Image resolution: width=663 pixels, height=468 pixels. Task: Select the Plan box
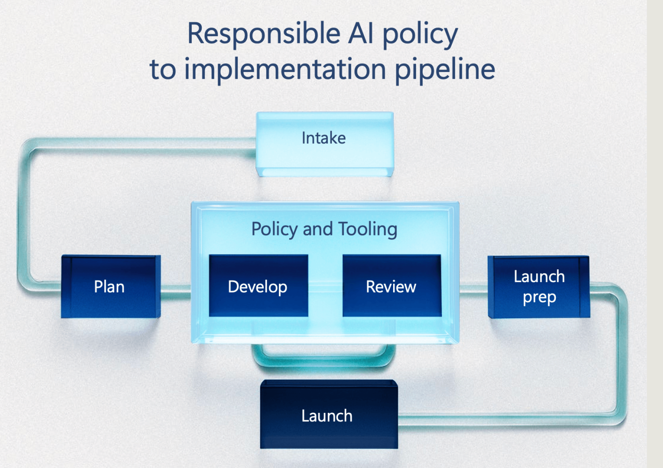(x=110, y=286)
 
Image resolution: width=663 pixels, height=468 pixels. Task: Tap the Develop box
(x=258, y=286)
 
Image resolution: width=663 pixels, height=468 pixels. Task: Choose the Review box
(x=392, y=286)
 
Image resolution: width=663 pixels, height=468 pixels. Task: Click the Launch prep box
(x=538, y=286)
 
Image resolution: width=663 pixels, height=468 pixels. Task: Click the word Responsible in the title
(x=264, y=34)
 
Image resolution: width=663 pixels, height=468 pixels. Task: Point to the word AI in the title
(x=361, y=34)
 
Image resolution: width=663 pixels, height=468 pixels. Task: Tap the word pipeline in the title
(x=444, y=70)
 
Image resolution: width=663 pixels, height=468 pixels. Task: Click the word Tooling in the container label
(x=368, y=229)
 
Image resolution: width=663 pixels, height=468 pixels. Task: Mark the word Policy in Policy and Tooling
(x=275, y=229)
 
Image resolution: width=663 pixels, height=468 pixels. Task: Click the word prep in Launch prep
(x=539, y=298)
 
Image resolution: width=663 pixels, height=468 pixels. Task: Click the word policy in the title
(x=420, y=34)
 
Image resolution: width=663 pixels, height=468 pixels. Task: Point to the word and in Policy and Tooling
(x=317, y=229)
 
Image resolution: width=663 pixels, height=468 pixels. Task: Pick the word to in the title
(x=162, y=70)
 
